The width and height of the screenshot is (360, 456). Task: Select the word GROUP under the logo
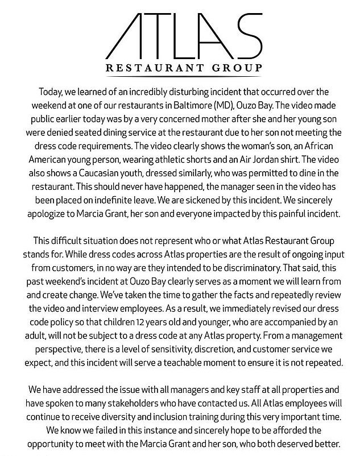click(235, 69)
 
